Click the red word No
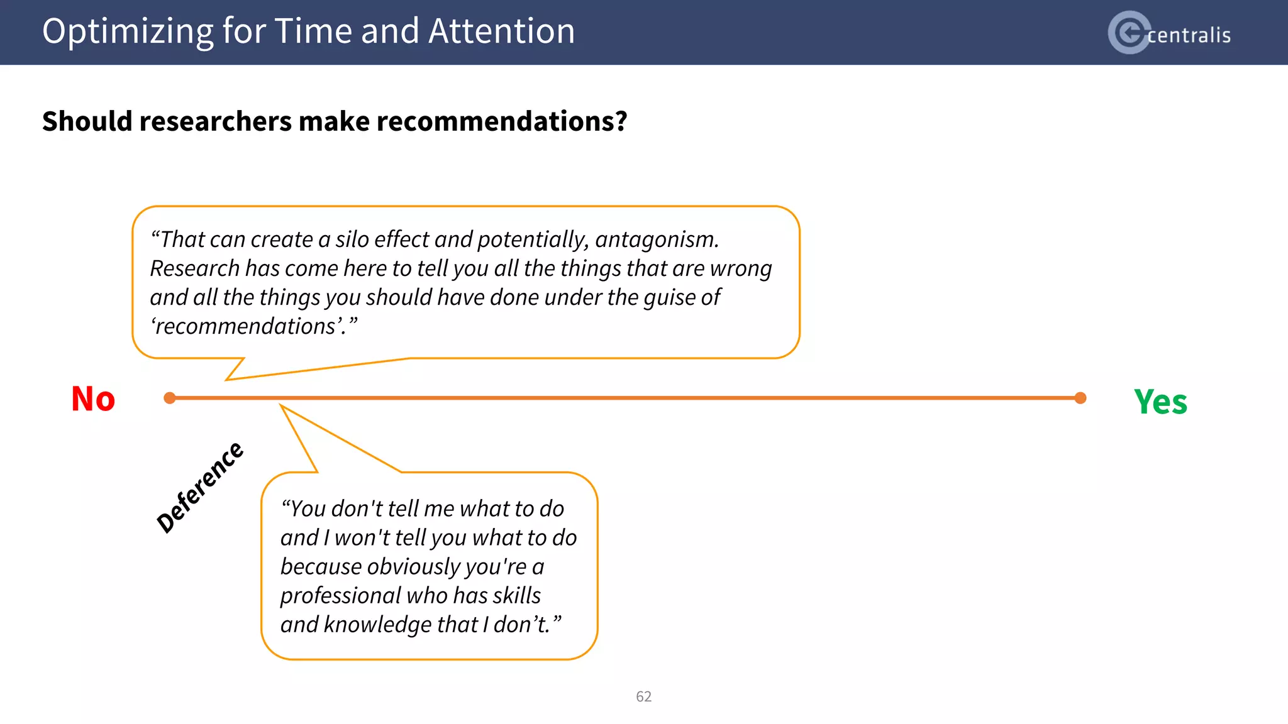pos(93,399)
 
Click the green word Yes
pos(1160,402)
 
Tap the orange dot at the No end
pos(169,398)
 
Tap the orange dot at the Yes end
pos(1080,398)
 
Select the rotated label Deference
pos(199,487)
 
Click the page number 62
pos(643,696)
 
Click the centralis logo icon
pos(1130,33)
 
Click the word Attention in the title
pos(501,31)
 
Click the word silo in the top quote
pos(352,239)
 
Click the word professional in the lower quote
pos(340,595)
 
